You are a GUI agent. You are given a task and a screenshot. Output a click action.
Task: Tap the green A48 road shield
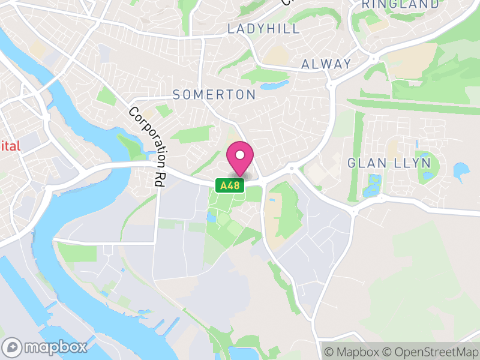[x=230, y=186]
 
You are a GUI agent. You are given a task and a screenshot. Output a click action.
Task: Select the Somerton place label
[x=214, y=94]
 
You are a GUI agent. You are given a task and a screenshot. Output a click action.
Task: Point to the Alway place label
[x=326, y=64]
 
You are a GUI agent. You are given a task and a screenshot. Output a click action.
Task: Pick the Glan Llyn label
[x=389, y=163]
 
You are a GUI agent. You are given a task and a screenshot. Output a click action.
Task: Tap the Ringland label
[x=401, y=4]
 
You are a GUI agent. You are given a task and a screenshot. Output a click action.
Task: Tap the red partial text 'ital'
[x=11, y=146]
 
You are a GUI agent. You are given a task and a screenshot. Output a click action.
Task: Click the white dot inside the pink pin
[x=239, y=155]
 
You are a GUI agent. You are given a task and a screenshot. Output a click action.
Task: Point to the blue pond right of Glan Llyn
[x=461, y=172]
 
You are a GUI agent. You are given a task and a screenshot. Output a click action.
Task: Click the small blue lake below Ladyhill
[x=275, y=85]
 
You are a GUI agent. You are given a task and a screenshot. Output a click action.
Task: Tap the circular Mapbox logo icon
[x=13, y=347]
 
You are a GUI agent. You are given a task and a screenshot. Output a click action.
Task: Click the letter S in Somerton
[x=177, y=94]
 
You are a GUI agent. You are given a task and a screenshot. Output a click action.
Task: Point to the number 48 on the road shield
[x=235, y=186]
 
